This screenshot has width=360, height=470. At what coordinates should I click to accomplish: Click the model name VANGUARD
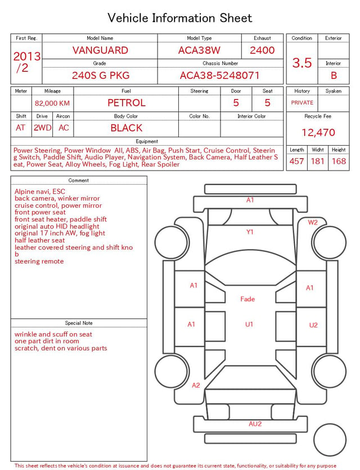point(100,50)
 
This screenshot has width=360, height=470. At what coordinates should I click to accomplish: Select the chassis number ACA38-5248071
point(219,75)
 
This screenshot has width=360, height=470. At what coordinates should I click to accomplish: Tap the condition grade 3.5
point(302,62)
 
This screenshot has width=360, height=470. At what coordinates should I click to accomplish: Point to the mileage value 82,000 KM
point(52,104)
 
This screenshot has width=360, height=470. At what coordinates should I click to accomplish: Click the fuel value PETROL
point(127,103)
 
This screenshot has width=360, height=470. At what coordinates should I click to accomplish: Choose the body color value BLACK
point(127,128)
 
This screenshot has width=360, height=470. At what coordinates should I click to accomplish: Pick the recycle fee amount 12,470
point(318,132)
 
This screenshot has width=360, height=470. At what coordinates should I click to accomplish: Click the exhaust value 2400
point(262,50)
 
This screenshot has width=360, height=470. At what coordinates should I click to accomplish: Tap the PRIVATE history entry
point(302,103)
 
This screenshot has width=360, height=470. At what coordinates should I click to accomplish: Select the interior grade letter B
point(334,75)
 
